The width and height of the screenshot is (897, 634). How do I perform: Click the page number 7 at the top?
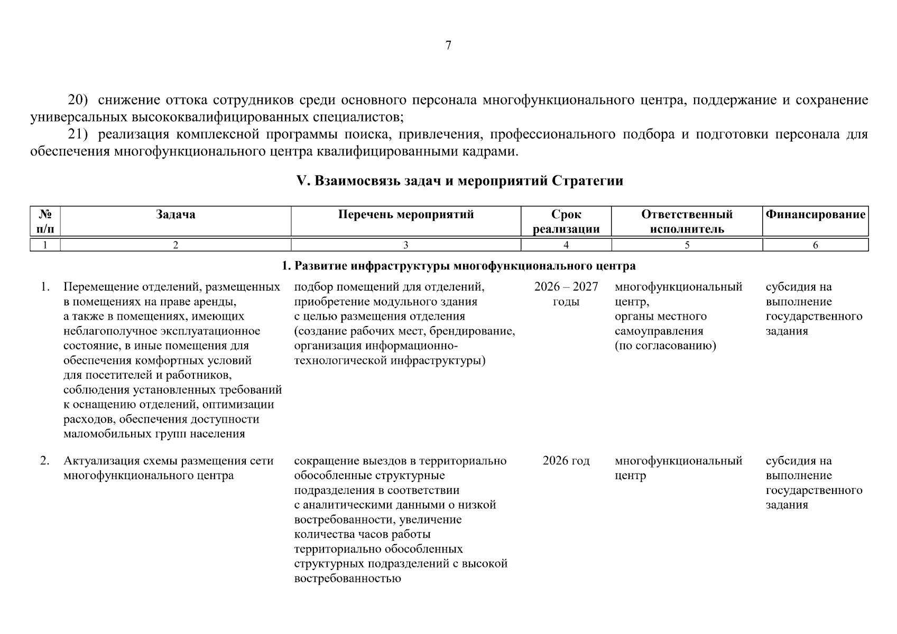(x=448, y=45)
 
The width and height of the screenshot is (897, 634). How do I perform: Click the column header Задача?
(x=175, y=215)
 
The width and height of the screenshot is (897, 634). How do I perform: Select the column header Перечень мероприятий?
(x=406, y=215)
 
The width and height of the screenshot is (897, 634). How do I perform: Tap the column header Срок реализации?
(x=566, y=221)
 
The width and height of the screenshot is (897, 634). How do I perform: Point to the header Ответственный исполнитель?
(x=687, y=221)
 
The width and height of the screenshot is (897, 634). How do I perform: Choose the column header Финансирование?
(x=815, y=215)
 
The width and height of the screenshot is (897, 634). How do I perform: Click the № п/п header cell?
(x=45, y=221)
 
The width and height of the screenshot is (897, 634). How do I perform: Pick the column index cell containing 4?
(x=566, y=245)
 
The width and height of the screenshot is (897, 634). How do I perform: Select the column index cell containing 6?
(x=815, y=245)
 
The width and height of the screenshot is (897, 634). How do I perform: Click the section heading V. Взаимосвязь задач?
(x=459, y=181)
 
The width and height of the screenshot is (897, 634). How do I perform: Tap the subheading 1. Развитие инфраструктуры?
(x=459, y=266)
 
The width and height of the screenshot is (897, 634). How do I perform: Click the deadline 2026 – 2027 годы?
(x=566, y=294)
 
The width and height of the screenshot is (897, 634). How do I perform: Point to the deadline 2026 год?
(x=566, y=461)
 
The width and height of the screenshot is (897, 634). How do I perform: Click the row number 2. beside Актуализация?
(x=45, y=461)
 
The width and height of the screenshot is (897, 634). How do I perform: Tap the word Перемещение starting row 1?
(x=101, y=287)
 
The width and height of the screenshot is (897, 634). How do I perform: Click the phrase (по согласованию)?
(x=665, y=346)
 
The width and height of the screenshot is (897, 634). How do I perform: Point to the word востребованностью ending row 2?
(x=347, y=579)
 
